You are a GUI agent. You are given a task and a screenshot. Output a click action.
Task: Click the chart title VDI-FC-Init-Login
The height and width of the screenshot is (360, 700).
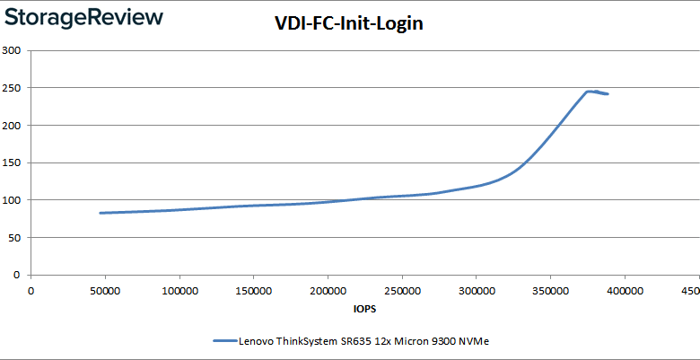(x=348, y=24)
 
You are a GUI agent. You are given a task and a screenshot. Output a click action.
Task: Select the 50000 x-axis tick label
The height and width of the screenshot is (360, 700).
(x=105, y=290)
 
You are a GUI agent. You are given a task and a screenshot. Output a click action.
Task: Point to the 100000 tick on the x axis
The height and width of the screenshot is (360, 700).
(x=179, y=290)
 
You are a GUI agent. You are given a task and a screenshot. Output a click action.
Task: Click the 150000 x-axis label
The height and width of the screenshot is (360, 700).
(x=253, y=290)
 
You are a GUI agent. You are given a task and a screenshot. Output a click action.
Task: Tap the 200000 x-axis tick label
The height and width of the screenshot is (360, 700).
(x=328, y=290)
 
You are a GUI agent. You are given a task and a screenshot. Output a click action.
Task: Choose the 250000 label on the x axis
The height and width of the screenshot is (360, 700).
(x=401, y=290)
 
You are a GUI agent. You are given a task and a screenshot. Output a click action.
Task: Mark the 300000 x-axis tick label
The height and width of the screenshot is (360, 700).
(x=476, y=290)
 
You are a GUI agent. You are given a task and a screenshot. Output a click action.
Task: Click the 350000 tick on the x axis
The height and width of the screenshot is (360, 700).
(x=549, y=290)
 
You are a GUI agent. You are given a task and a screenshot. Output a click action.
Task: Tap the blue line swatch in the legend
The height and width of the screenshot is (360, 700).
(x=224, y=341)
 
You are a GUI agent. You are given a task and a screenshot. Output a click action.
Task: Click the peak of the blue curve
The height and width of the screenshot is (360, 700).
(x=589, y=91)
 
